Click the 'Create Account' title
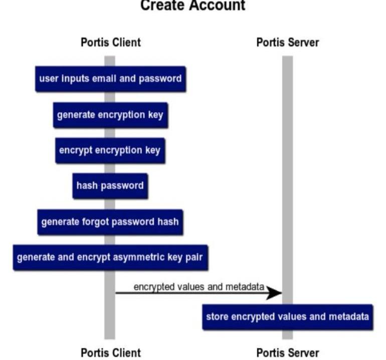pos(192,6)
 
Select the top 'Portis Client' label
pos(110,42)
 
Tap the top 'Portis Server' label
pos(287,42)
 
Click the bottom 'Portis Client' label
pos(110,352)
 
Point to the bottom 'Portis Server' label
pos(287,352)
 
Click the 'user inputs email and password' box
pos(110,79)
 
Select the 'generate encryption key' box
pos(110,115)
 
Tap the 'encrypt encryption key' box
pos(110,150)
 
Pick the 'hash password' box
pos(110,186)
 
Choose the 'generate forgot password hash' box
pos(110,221)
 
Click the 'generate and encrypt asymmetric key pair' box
pos(110,257)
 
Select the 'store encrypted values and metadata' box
pos(287,317)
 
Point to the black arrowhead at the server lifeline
pos(275,293)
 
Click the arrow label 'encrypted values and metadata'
pos(199,286)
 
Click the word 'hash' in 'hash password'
pos(86,186)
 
